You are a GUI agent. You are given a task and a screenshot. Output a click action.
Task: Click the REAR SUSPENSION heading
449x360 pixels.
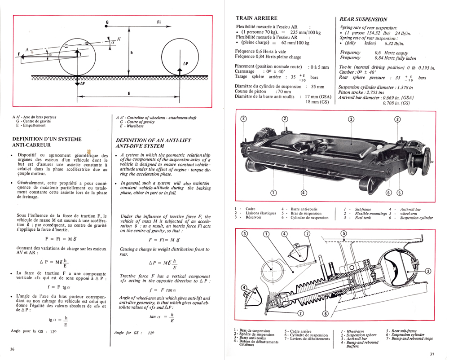click(x=363, y=19)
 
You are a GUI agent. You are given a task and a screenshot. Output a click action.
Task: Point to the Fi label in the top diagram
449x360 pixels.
click(x=159, y=22)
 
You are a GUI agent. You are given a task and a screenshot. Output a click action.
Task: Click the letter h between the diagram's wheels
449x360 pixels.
click(x=132, y=53)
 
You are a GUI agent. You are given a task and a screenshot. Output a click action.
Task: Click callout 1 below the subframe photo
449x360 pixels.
click(x=273, y=193)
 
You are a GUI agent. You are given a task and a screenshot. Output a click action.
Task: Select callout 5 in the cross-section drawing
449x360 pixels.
click(x=343, y=233)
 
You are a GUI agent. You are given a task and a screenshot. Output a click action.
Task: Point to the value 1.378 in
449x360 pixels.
click(x=405, y=87)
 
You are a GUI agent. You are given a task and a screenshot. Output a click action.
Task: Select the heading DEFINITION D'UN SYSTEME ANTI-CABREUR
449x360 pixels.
click(x=44, y=142)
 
